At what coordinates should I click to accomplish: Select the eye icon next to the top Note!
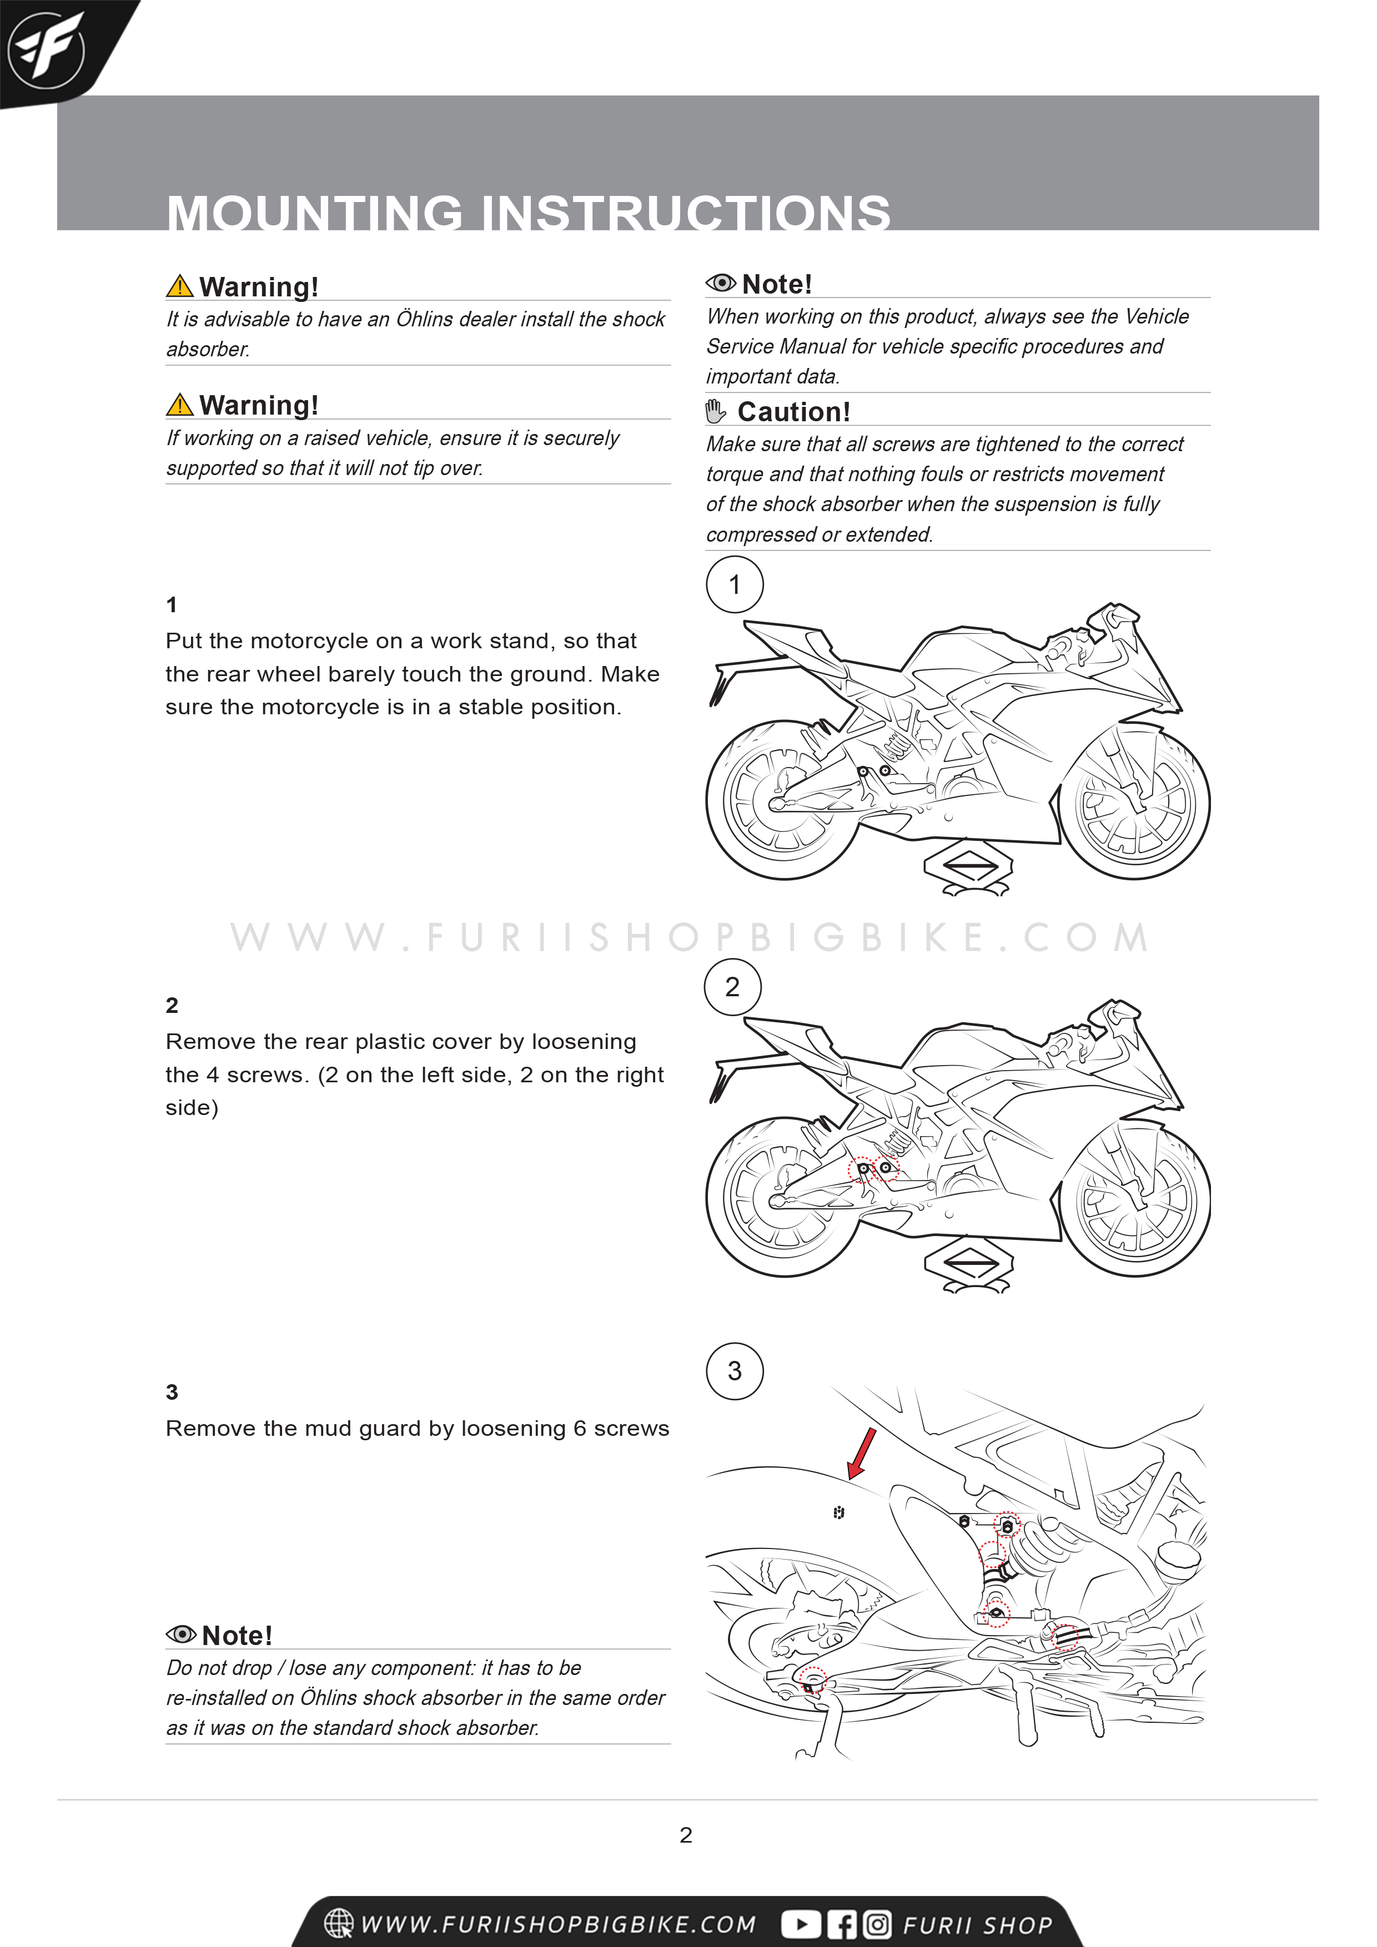(x=720, y=283)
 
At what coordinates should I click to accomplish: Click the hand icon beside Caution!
(x=715, y=411)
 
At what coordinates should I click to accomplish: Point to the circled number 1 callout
(x=735, y=584)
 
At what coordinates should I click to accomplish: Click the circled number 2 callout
(x=732, y=986)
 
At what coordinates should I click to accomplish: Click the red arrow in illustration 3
(x=862, y=1452)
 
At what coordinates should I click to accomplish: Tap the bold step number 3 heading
(x=172, y=1391)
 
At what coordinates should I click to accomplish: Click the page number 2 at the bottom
(x=686, y=1835)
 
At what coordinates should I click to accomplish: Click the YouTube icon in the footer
(x=800, y=1924)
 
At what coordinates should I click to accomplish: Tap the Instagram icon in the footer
(x=877, y=1924)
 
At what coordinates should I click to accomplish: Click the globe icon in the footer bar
(x=339, y=1923)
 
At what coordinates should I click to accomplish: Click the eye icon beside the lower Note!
(x=180, y=1634)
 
